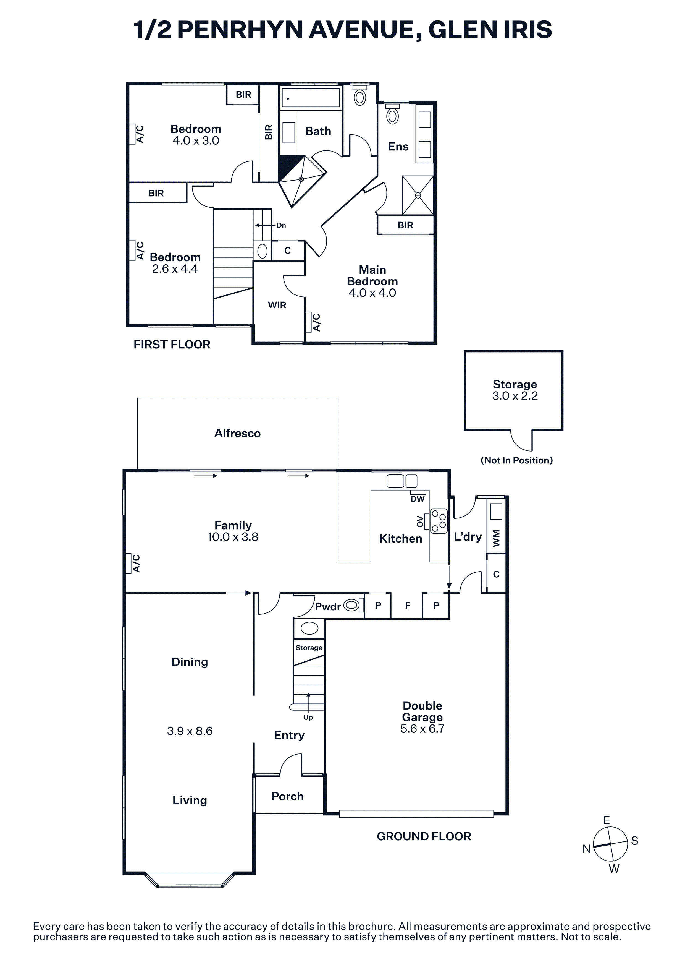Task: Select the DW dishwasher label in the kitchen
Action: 418,499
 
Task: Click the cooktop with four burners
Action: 439,520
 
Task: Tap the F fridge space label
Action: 408,605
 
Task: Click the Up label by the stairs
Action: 308,717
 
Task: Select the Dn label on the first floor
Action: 281,225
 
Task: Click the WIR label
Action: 277,305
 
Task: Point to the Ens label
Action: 398,147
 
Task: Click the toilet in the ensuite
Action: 392,114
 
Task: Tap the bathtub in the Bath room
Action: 311,98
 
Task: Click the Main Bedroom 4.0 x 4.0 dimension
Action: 372,293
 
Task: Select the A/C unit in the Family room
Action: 128,564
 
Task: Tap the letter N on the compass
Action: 586,849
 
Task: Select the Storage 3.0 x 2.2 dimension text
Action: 515,396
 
